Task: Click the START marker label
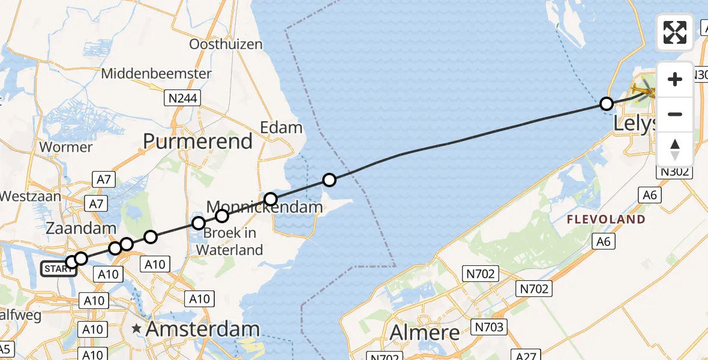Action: point(58,269)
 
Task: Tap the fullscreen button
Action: point(675,32)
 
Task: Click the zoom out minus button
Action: point(675,114)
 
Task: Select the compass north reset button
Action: point(675,149)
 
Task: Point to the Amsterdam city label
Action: point(203,329)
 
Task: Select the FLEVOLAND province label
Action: point(607,220)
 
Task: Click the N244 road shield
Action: point(181,98)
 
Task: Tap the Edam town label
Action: point(281,127)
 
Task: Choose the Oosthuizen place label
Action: point(226,44)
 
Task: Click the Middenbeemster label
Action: point(157,74)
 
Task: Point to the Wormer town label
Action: point(65,147)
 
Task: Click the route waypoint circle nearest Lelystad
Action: point(607,104)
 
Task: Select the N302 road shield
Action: point(674,172)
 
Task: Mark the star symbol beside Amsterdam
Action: point(137,329)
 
